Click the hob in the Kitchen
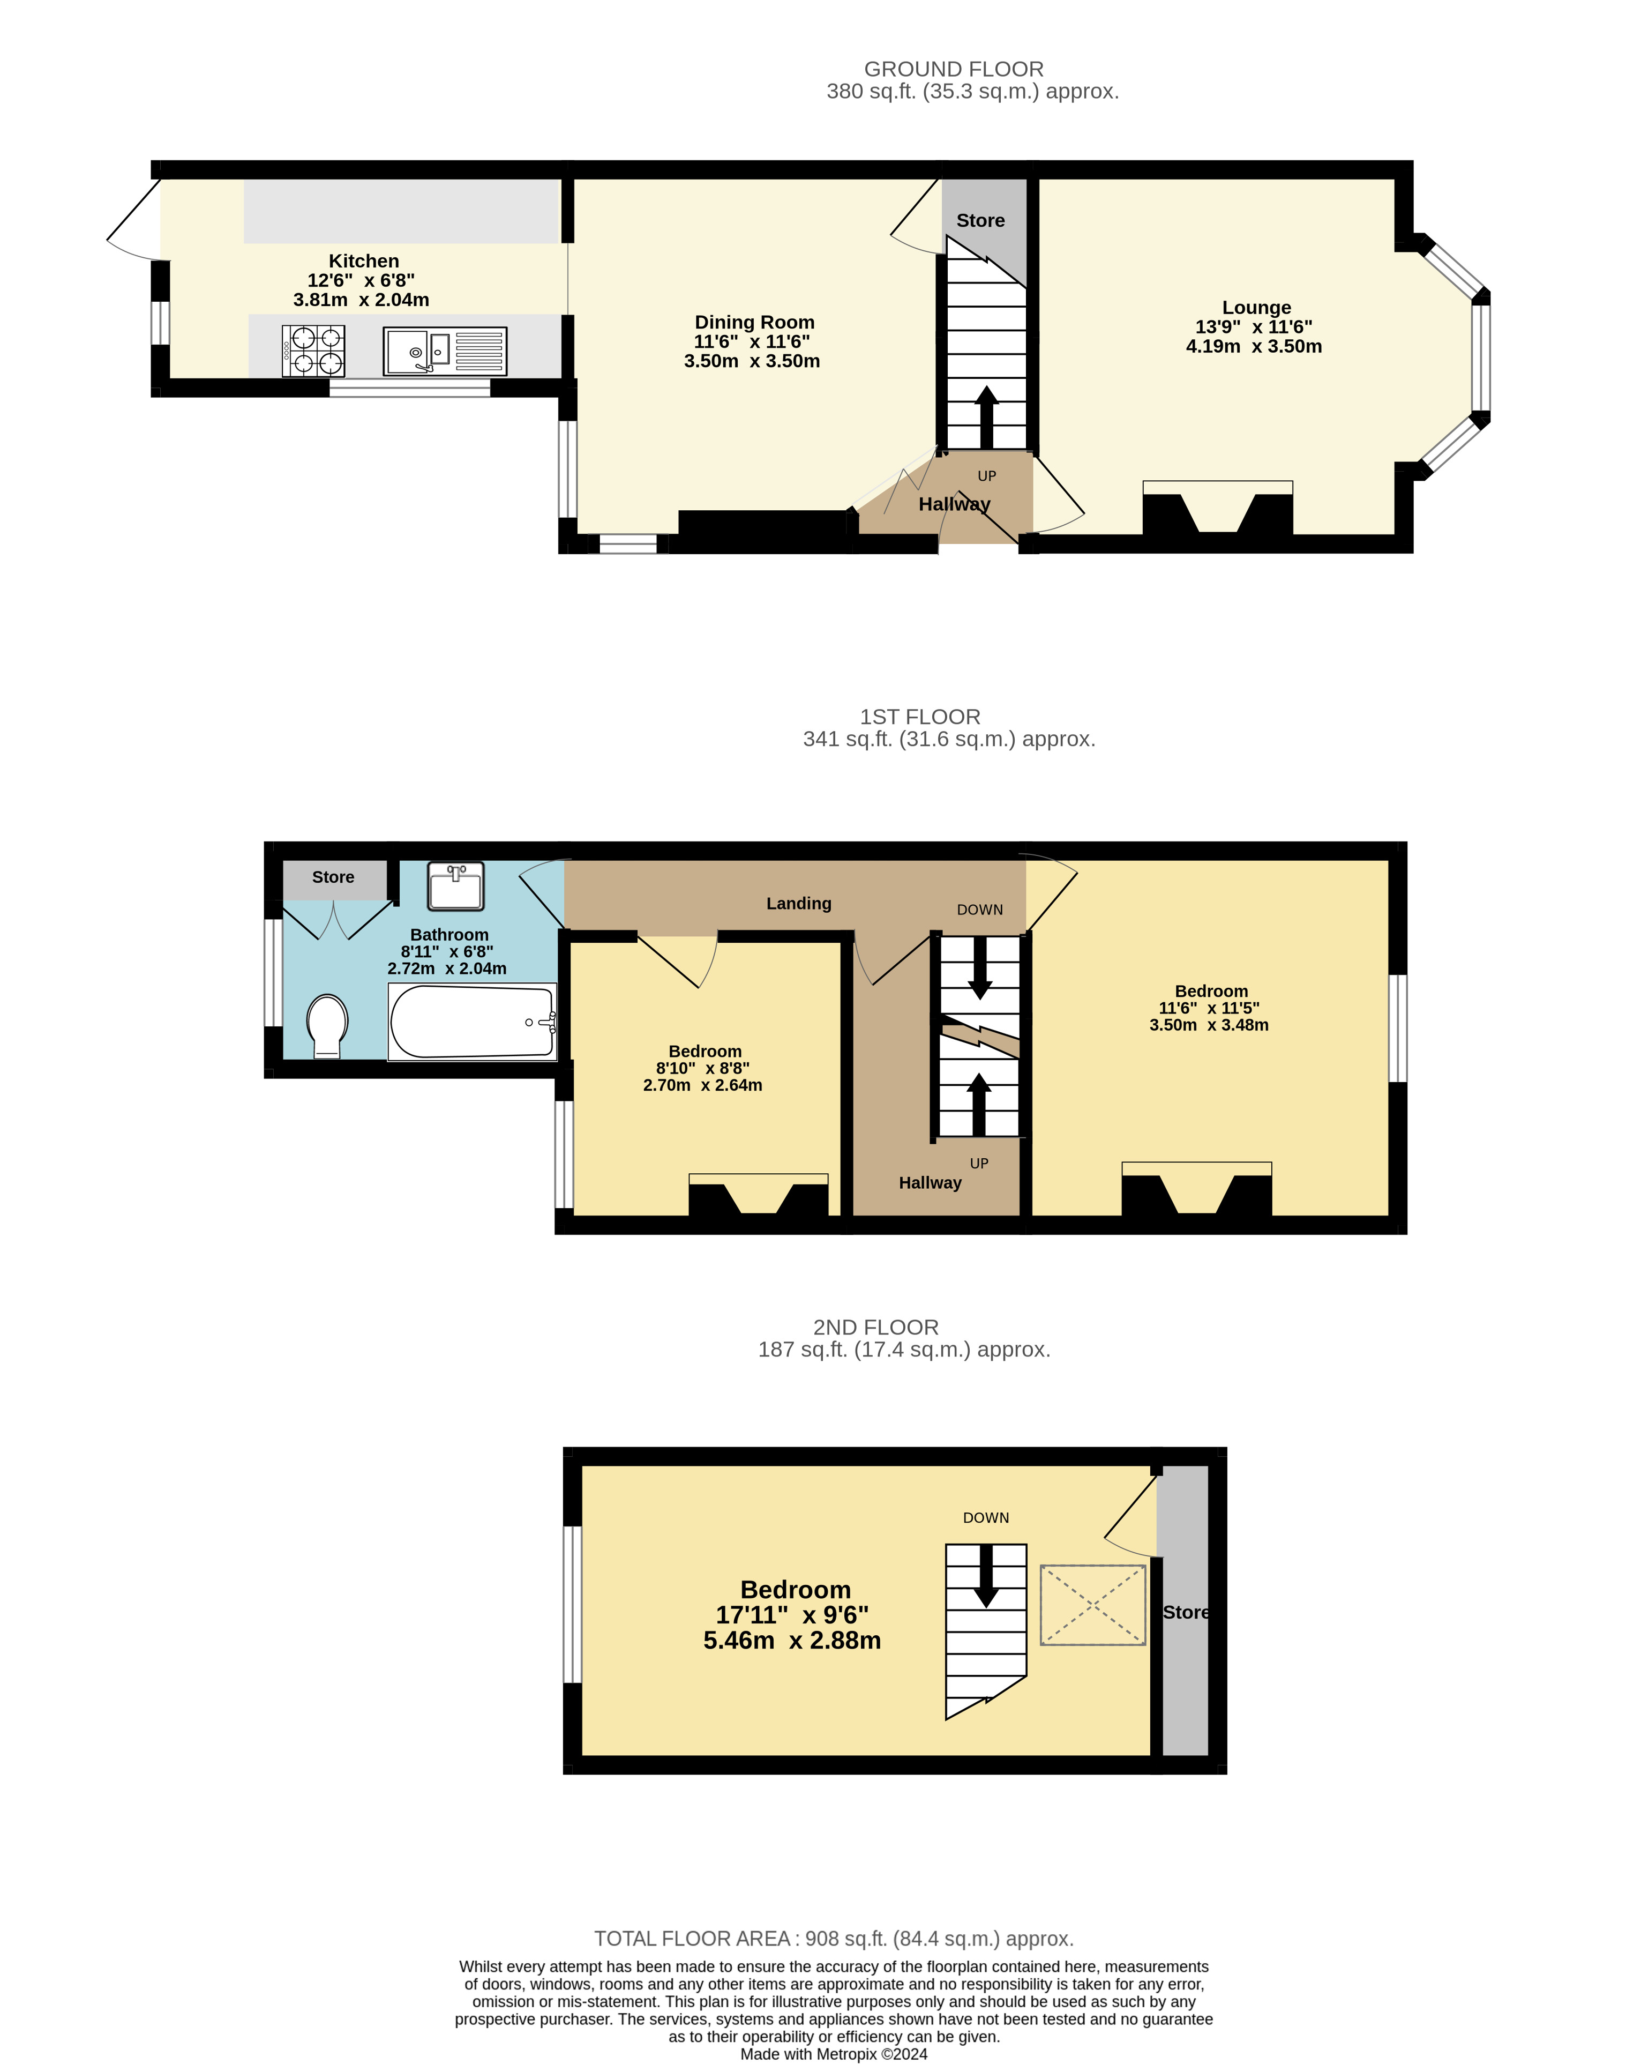click(x=313, y=351)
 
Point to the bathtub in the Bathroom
click(x=473, y=1022)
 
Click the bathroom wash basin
click(x=455, y=885)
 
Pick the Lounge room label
click(x=1256, y=307)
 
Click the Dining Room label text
click(x=754, y=323)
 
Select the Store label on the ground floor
click(x=981, y=220)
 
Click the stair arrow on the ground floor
click(x=986, y=416)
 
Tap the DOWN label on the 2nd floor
click(x=986, y=1517)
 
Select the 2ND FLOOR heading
click(x=875, y=1327)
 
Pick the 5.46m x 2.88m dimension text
click(x=792, y=1640)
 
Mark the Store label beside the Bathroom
click(x=333, y=877)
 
